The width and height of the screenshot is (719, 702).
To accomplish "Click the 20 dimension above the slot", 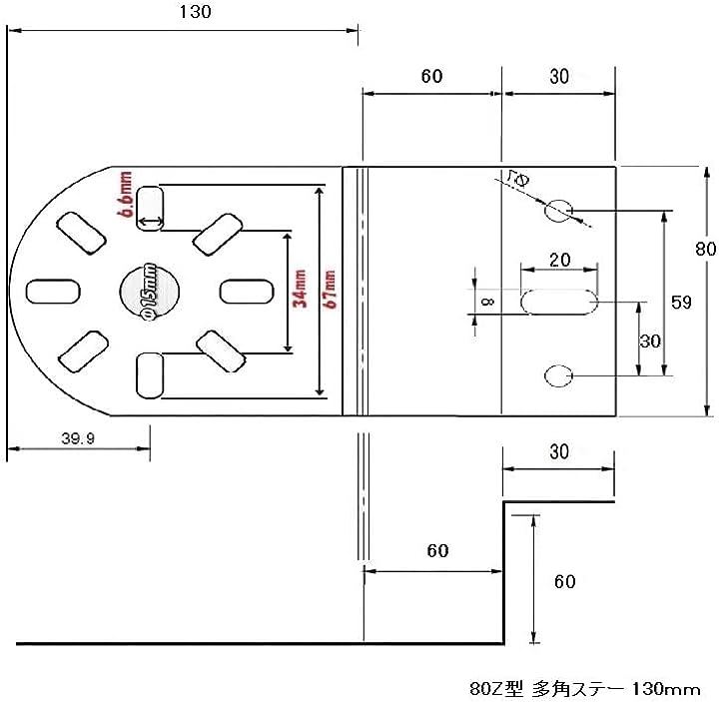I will point(559,259).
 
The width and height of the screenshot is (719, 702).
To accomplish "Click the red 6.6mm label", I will point(125,194).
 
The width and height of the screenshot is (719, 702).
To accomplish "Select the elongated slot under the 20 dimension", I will point(558,302).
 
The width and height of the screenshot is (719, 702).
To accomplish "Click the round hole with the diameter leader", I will point(559,211).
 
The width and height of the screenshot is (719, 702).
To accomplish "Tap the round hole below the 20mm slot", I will point(558,375).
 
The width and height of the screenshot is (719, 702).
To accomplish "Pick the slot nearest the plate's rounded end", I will point(49,291).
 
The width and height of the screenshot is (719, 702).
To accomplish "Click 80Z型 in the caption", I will point(492,688).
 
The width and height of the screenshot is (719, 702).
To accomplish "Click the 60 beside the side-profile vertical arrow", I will point(564,581).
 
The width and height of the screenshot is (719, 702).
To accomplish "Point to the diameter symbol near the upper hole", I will point(517,180).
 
